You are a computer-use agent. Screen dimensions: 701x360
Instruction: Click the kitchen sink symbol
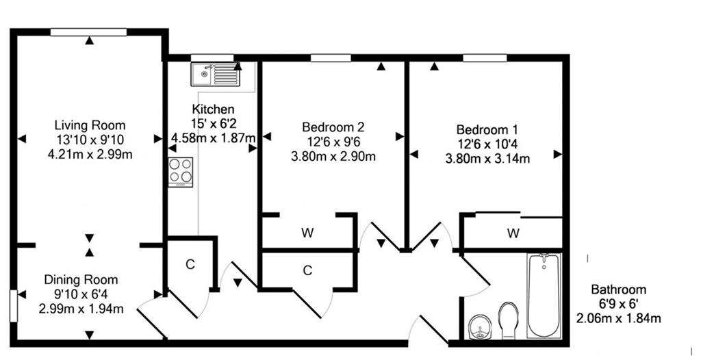click(x=216, y=74)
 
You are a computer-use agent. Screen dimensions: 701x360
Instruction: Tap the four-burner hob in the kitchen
click(x=181, y=172)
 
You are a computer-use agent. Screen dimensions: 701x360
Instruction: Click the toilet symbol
click(x=509, y=320)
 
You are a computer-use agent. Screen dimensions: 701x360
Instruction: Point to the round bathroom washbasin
click(x=480, y=329)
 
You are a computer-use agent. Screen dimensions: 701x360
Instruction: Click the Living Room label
click(x=90, y=125)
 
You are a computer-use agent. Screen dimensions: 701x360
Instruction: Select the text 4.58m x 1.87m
click(x=213, y=138)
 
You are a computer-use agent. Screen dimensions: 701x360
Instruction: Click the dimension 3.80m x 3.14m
click(x=487, y=159)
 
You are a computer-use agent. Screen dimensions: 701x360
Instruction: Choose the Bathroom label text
click(x=619, y=290)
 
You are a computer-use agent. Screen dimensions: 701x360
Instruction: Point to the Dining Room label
click(x=81, y=280)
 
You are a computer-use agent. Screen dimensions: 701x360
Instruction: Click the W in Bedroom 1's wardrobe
click(x=513, y=233)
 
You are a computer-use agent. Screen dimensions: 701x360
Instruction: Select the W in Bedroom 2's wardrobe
click(x=307, y=233)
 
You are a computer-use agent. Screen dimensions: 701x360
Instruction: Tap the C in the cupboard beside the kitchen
click(x=190, y=264)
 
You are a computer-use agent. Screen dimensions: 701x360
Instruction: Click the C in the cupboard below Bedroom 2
click(x=307, y=270)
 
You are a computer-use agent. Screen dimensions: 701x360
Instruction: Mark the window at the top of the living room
click(x=88, y=31)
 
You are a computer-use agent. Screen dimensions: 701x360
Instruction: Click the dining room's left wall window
click(x=14, y=306)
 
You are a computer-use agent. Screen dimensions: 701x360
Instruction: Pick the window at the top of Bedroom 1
click(x=485, y=57)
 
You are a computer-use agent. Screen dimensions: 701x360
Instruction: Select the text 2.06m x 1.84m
click(x=619, y=318)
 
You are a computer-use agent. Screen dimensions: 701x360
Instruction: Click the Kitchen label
click(x=214, y=109)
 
